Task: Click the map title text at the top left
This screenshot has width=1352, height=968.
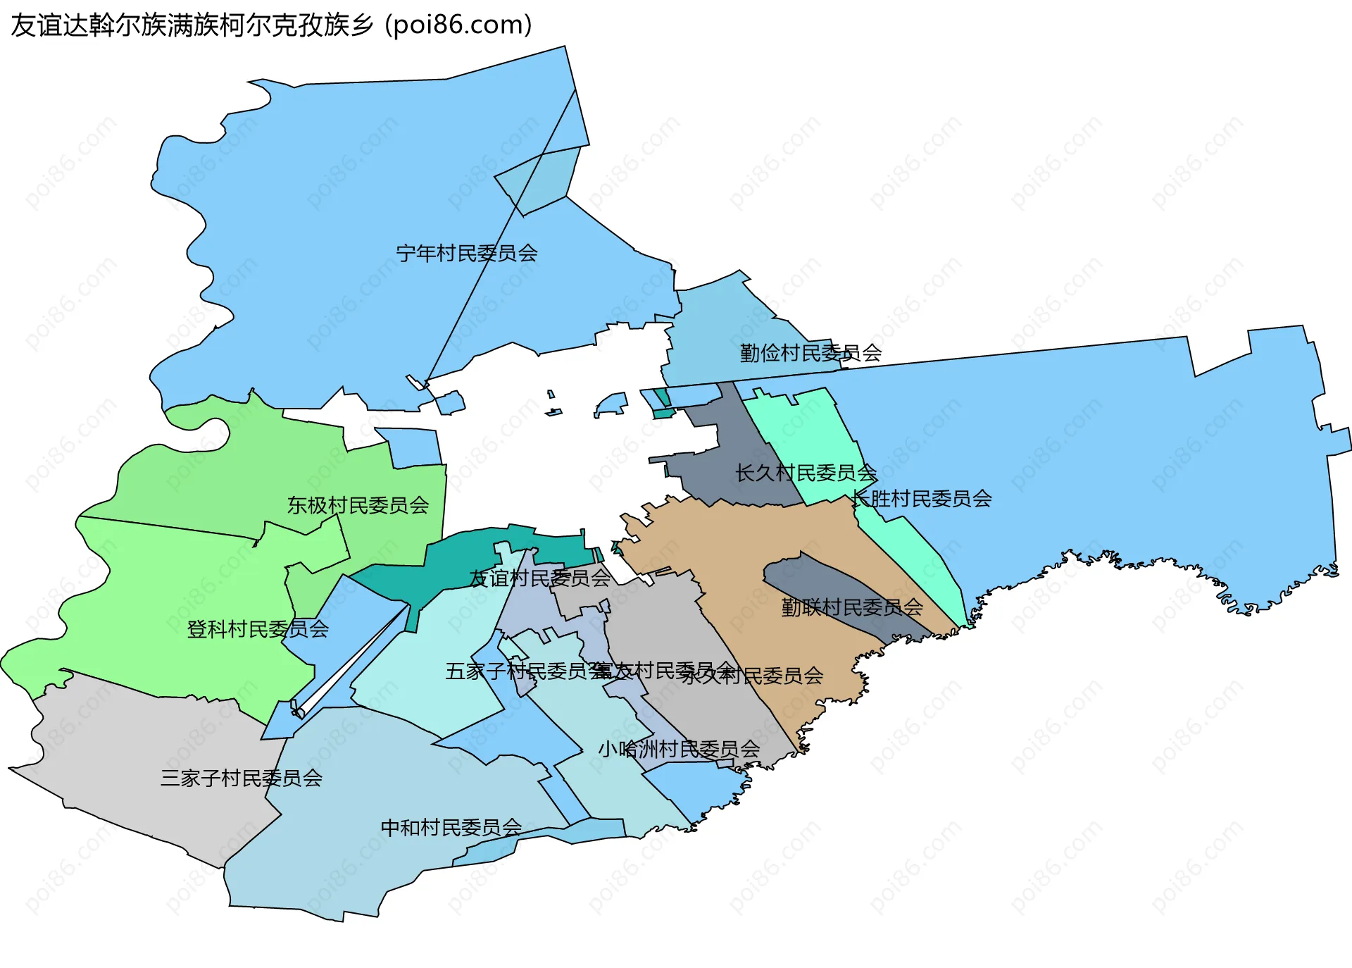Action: pos(271,25)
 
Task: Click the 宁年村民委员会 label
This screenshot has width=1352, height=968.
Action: pos(466,254)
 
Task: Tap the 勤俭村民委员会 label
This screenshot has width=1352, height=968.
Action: pos(810,353)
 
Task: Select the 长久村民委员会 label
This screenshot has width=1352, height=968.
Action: pos(806,473)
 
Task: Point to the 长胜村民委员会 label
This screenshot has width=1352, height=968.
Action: pos(921,499)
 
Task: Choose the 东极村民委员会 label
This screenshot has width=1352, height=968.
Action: pos(358,505)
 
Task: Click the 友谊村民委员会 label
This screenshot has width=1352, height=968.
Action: pos(539,578)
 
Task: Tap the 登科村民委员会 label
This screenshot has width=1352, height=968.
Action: pos(258,629)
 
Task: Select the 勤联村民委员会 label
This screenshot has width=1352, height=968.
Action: pos(851,607)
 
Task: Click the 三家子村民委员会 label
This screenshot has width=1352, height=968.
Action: pos(241,778)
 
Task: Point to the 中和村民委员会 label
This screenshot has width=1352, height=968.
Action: pos(451,827)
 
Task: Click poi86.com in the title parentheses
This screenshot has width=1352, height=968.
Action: pos(458,25)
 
